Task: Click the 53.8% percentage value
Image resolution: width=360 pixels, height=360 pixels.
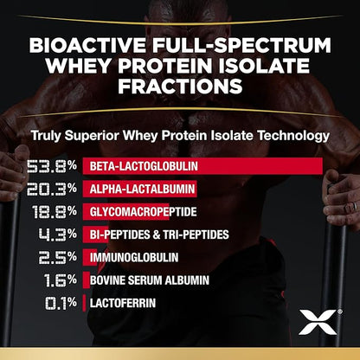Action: pyautogui.click(x=52, y=164)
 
